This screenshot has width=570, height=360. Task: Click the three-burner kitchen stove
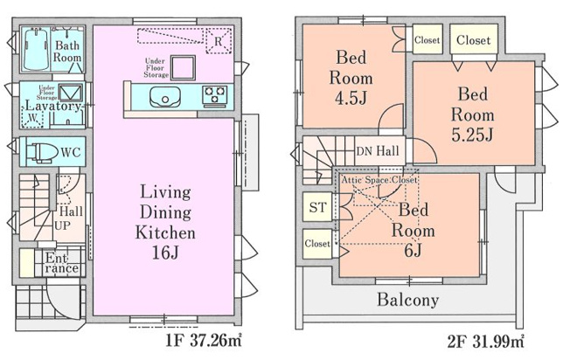(215, 93)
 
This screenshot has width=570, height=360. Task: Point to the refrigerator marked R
(217, 39)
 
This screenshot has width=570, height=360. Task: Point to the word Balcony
(407, 300)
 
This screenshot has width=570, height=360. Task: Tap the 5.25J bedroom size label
(473, 135)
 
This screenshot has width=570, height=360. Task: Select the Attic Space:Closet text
(379, 179)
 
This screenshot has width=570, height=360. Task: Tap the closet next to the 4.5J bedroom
(427, 39)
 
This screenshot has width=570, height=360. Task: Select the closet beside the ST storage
(317, 244)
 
